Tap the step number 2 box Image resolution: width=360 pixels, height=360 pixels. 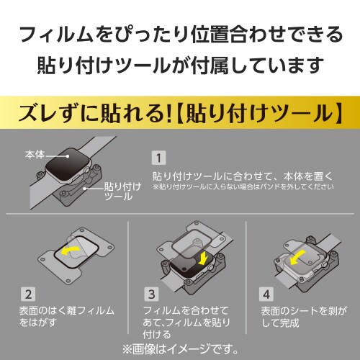(28, 294)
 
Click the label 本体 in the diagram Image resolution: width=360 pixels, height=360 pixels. (35, 154)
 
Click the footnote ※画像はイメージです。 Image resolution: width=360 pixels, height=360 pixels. (180, 350)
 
